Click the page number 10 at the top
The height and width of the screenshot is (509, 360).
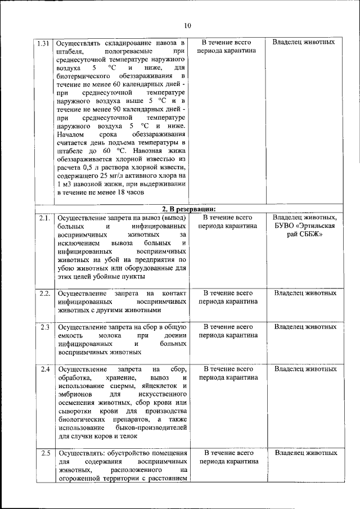coord(187,25)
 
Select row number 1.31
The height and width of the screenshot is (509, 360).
coord(43,43)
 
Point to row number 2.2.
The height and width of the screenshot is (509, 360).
coord(45,293)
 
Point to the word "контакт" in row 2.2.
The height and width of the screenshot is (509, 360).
coord(174,293)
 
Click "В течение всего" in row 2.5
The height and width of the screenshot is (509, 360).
coord(227,453)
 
